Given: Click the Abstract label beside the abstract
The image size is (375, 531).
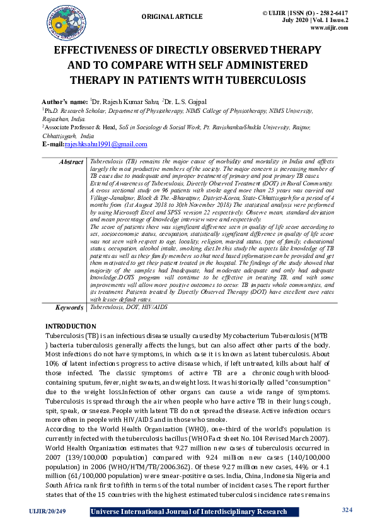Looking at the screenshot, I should [x=71, y=162].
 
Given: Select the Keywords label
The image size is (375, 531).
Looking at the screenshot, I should [x=69, y=307].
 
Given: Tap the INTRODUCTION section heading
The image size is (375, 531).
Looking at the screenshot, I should [x=71, y=326].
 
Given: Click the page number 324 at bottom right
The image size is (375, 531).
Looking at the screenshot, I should [x=347, y=509].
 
